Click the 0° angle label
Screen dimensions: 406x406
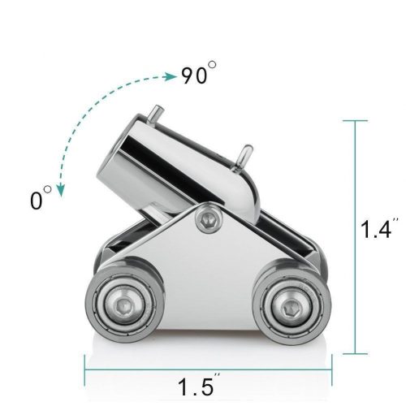41,197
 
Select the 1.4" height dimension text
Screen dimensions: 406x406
377,229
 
